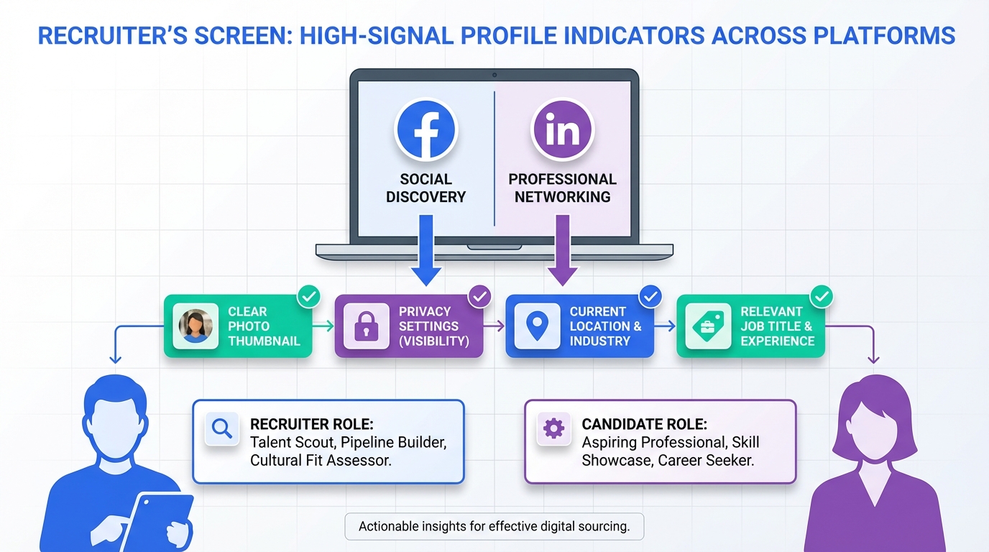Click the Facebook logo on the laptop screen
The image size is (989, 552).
[x=426, y=129]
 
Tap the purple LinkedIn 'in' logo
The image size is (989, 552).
[x=563, y=129]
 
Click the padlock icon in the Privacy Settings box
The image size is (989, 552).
[x=367, y=326]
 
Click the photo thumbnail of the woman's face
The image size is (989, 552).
[x=195, y=326]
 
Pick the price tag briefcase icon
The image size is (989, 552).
[x=708, y=326]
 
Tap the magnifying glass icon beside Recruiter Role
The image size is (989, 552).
[x=221, y=428]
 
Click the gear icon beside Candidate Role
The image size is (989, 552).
[x=553, y=428]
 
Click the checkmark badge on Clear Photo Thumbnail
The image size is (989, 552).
[x=309, y=296]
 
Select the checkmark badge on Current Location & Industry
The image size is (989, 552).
[x=650, y=296]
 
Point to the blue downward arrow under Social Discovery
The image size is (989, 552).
[x=426, y=250]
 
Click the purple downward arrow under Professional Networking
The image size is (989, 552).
[x=563, y=250]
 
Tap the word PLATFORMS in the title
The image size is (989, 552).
[x=884, y=36]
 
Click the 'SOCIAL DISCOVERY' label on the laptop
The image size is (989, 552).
[x=426, y=188]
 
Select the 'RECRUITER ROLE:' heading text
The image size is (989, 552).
[x=312, y=424]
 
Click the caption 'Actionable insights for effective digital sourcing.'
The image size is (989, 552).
[x=494, y=526]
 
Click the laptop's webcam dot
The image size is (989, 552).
[x=494, y=75]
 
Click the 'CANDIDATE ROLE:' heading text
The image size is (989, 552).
[x=644, y=424]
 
